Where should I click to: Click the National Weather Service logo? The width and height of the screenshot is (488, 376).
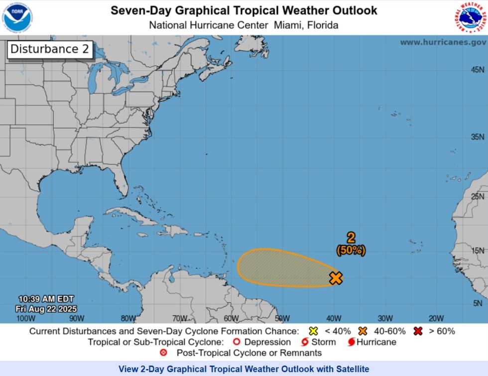(470, 17)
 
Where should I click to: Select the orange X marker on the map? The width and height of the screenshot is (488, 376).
(336, 278)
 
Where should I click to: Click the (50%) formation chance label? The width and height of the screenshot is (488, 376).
(351, 251)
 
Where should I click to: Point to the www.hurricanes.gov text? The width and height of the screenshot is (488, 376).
(443, 42)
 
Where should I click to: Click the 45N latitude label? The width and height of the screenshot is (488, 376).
(478, 70)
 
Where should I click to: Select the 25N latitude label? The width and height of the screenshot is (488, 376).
(478, 196)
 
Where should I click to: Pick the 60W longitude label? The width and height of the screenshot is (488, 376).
(231, 318)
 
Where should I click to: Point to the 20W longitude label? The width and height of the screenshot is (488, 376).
(436, 318)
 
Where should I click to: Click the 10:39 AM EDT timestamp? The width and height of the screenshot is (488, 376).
(46, 299)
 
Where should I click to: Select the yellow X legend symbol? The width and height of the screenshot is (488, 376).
(313, 331)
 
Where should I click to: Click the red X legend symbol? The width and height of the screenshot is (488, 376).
(418, 331)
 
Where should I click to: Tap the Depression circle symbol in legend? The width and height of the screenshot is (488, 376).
(236, 342)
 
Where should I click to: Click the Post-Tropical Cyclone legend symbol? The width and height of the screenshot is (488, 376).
(163, 353)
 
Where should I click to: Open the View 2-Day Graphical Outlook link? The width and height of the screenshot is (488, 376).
(244, 369)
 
